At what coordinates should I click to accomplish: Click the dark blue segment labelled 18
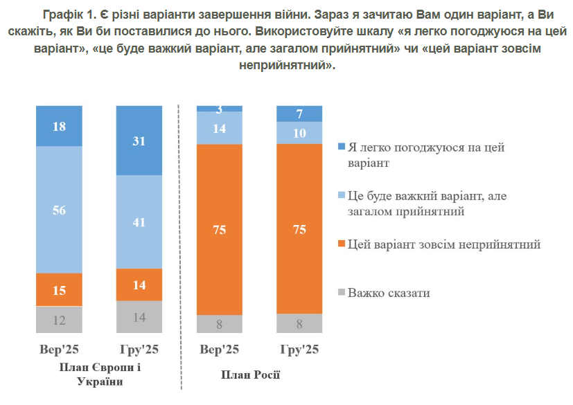[59, 126]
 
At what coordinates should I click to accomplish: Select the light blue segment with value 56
[59, 210]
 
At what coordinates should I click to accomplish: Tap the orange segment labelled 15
[59, 290]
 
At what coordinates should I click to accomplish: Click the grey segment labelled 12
[59, 320]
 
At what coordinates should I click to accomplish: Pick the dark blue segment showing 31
[139, 141]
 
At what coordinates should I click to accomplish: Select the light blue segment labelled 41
[139, 222]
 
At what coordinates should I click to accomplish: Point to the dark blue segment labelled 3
[220, 109]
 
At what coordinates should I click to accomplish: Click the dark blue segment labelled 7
[299, 114]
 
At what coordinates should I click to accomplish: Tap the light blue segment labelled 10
[299, 132]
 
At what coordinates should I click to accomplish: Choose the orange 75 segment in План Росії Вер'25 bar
[220, 229]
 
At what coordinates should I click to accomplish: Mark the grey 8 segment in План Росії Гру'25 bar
[299, 323]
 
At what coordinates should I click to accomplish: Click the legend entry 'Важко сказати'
[389, 293]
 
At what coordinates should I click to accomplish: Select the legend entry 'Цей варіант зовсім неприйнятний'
[443, 244]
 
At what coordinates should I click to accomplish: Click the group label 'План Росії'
[251, 375]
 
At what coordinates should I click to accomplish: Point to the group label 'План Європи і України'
[100, 374]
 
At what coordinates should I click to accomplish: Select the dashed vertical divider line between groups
[179, 242]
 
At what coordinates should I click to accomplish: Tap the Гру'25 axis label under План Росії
[299, 350]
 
